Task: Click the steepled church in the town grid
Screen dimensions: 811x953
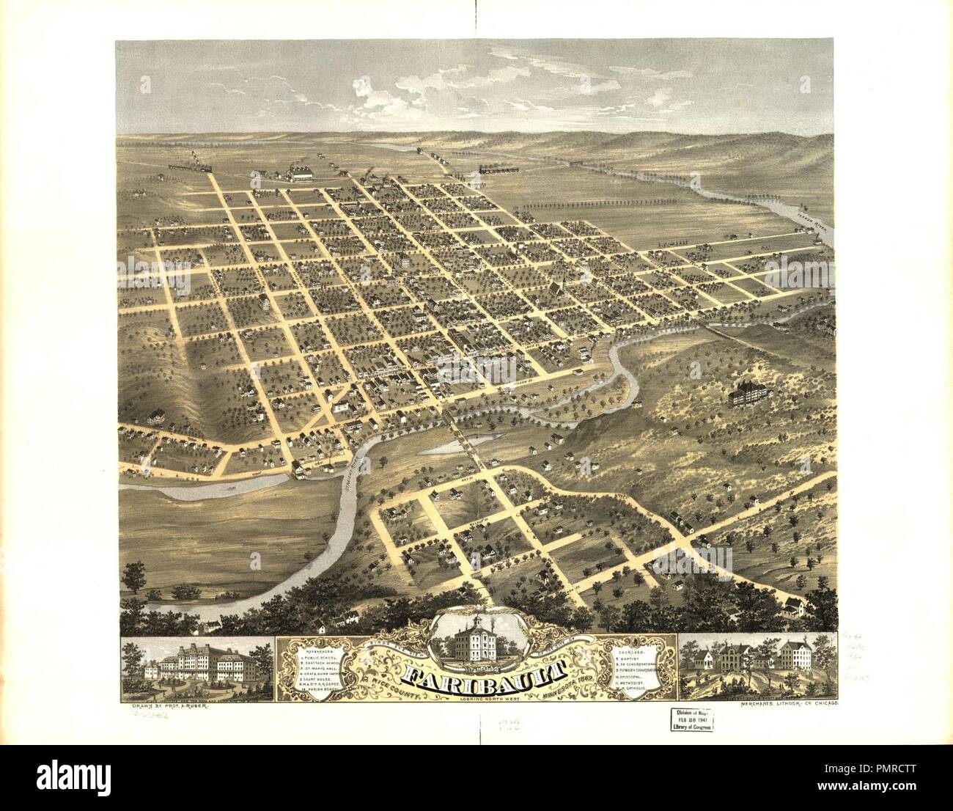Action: (558, 289)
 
